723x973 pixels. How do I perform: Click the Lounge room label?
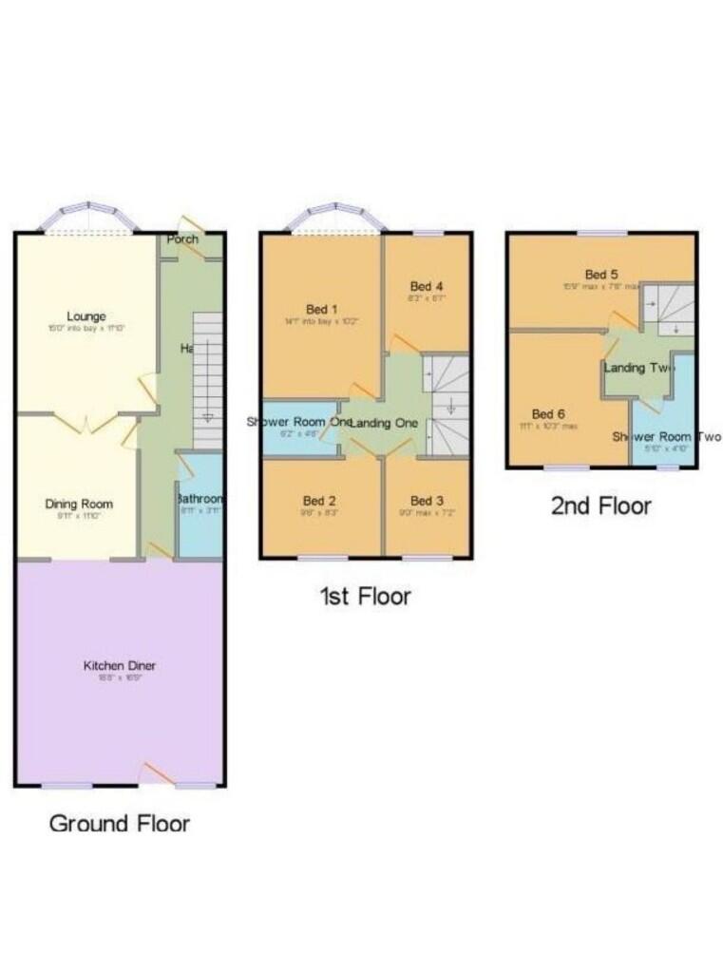(x=86, y=316)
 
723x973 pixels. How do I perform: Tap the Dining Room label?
(x=79, y=504)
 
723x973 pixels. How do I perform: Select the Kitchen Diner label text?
(x=119, y=666)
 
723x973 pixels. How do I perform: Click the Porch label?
(x=182, y=239)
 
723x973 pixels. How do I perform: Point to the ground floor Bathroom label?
(x=200, y=499)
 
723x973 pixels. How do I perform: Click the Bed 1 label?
(x=321, y=309)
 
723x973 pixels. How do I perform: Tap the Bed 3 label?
(x=428, y=501)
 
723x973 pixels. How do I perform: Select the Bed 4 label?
(x=427, y=286)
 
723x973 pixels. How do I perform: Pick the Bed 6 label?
(x=548, y=414)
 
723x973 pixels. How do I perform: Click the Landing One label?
(x=382, y=423)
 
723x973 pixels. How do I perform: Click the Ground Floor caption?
(x=120, y=823)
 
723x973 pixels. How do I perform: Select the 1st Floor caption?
(x=365, y=597)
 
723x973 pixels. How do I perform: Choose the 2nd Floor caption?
(x=601, y=506)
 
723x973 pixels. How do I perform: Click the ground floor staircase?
(x=207, y=380)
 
